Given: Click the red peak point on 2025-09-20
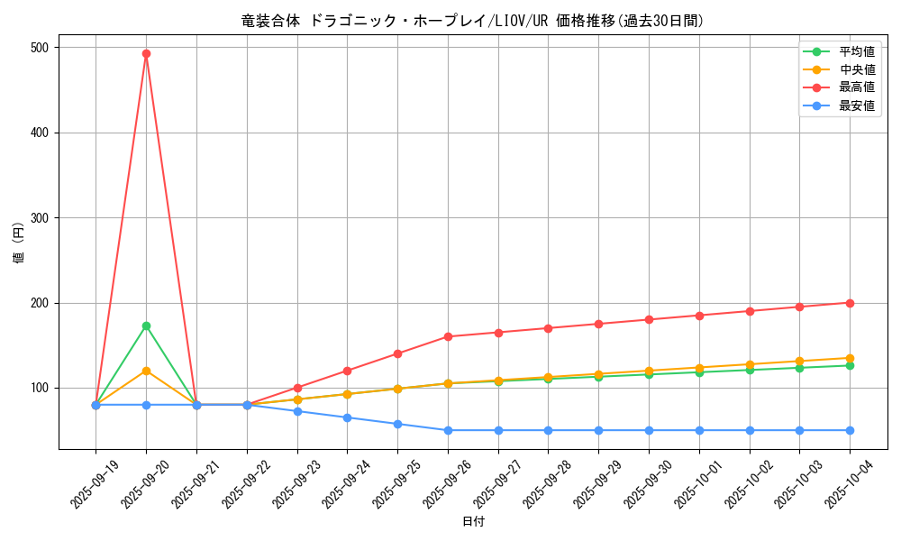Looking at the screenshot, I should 146,53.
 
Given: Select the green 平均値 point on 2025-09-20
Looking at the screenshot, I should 146,326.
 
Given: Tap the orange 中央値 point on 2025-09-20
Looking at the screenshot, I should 146,371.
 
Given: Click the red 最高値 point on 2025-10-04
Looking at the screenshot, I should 850,303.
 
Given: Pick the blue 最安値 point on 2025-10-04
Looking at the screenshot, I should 850,430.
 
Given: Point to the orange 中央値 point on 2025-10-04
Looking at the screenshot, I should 850,358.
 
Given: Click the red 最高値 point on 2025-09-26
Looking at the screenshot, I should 448,336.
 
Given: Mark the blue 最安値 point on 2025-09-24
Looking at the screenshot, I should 347,417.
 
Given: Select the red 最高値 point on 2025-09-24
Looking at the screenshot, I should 347,371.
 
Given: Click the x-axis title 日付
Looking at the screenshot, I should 473,522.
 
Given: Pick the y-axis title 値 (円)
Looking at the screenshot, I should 19,244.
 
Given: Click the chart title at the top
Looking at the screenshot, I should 473,21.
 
